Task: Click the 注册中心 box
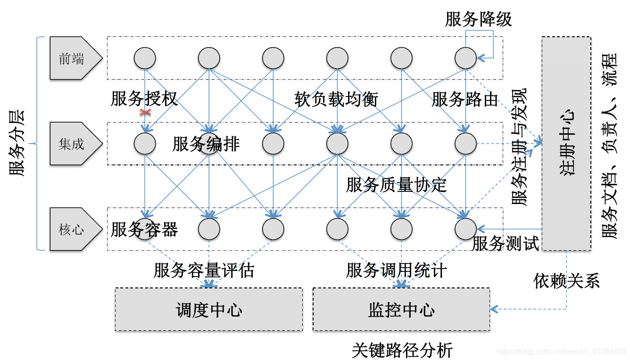(x=566, y=143)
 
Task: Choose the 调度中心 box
(x=209, y=310)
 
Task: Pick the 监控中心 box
(x=401, y=310)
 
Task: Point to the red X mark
(x=145, y=113)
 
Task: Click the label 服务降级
(x=478, y=19)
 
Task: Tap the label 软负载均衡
(x=336, y=99)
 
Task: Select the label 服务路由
(x=464, y=99)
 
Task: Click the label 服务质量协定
(x=396, y=185)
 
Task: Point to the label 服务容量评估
(x=204, y=270)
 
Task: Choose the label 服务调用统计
(x=396, y=270)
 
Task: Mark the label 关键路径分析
(x=402, y=350)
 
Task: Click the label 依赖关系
(x=566, y=281)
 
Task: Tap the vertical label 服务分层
(x=17, y=143)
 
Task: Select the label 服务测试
(x=505, y=244)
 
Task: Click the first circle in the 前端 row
(x=145, y=58)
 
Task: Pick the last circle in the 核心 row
(x=466, y=229)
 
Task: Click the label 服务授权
(x=144, y=99)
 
